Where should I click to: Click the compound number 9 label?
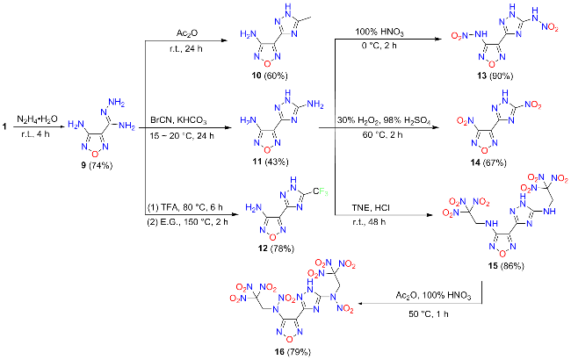click(x=83, y=166)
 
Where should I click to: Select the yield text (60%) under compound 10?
click(x=276, y=76)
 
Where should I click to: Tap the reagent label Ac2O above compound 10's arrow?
click(x=187, y=33)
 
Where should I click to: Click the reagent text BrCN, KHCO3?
click(x=178, y=120)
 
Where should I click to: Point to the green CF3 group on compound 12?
click(x=321, y=191)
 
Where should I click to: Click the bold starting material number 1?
click(x=4, y=126)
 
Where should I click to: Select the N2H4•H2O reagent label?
click(x=37, y=119)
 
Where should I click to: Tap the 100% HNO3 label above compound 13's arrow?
click(x=379, y=32)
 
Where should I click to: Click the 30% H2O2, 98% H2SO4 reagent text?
click(x=384, y=120)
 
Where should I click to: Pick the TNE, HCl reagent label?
click(x=371, y=208)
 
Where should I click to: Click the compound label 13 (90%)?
click(x=495, y=76)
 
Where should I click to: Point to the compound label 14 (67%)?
click(x=488, y=162)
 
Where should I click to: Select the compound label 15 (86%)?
click(x=506, y=266)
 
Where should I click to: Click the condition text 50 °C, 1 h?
click(x=429, y=313)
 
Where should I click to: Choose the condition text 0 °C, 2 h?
click(x=379, y=46)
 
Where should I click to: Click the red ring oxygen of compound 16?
click(x=290, y=339)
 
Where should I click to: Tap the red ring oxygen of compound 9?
click(x=95, y=154)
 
